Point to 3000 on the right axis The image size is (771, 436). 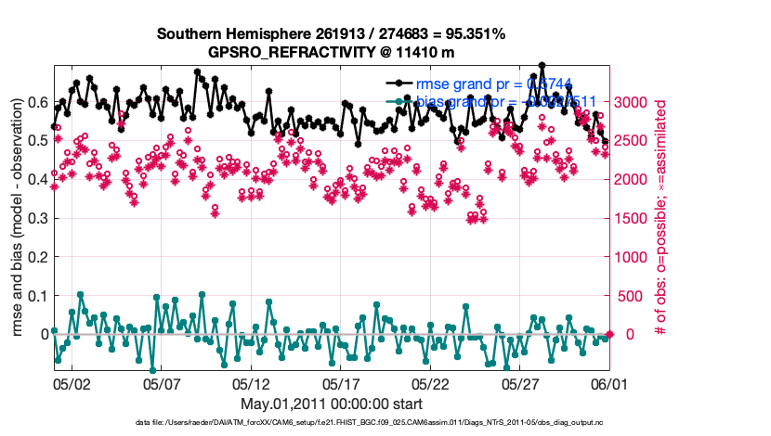[x=632, y=101]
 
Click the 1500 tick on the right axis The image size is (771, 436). [x=632, y=218]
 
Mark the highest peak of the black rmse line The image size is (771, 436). [x=542, y=66]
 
